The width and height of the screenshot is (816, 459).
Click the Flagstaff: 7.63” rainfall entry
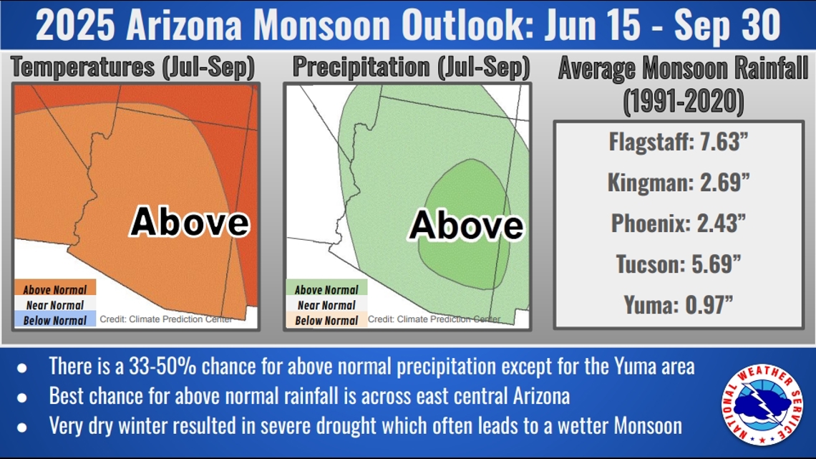[678, 141]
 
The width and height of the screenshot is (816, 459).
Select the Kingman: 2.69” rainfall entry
[678, 182]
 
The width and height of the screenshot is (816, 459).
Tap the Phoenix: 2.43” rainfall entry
[678, 223]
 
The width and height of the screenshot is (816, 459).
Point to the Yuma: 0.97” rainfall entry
[678, 305]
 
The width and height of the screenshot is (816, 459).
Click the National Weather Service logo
[762, 405]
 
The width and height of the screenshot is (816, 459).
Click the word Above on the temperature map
[190, 222]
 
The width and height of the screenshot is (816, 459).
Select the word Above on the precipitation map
[466, 226]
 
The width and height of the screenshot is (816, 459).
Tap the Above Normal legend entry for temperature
[55, 289]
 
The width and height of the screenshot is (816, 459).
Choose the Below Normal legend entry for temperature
[55, 320]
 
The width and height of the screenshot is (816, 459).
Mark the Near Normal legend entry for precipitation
[326, 305]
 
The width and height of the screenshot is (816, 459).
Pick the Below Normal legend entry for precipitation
[326, 320]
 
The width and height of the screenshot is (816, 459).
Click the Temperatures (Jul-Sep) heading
[133, 67]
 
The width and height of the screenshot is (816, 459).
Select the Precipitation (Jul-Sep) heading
[411, 67]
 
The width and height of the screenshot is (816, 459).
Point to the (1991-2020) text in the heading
[682, 102]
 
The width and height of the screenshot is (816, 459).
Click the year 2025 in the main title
[75, 26]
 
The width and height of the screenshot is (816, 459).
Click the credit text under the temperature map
[165, 319]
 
